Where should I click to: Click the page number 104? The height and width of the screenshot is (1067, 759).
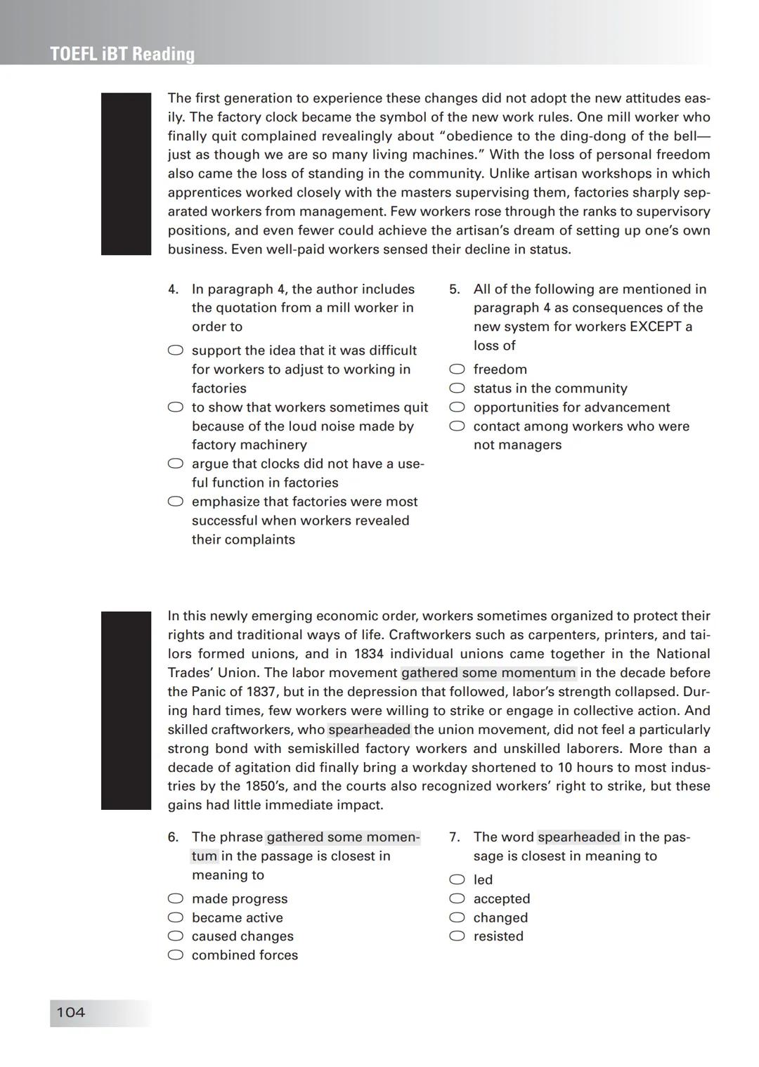click(x=70, y=1012)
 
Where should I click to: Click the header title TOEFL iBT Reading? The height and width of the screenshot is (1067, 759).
click(x=122, y=54)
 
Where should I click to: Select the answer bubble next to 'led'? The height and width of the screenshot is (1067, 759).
click(x=458, y=879)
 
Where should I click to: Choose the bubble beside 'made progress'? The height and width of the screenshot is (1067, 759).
click(x=176, y=898)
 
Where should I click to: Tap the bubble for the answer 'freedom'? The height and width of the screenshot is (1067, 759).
click(x=458, y=369)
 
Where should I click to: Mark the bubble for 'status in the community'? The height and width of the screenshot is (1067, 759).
click(x=458, y=388)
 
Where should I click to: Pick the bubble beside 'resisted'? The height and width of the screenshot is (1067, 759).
click(x=458, y=936)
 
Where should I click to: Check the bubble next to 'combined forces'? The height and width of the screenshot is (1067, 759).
click(x=176, y=955)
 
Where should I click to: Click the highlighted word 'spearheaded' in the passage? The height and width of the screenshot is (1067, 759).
click(x=369, y=730)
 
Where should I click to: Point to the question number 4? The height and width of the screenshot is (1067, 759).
click(x=173, y=289)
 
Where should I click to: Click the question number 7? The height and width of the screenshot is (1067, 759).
click(x=454, y=837)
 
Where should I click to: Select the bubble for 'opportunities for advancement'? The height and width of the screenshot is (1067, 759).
click(x=458, y=407)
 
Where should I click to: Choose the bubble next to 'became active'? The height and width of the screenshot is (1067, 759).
click(x=176, y=917)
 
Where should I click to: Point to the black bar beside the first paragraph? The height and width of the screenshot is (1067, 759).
click(x=126, y=174)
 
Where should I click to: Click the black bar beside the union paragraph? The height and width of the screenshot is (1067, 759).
click(x=126, y=710)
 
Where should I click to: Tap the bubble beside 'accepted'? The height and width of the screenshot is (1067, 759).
click(x=458, y=898)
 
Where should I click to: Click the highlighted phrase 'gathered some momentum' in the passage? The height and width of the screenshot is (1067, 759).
click(x=488, y=673)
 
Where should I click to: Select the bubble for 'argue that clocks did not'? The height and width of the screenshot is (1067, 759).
click(x=176, y=464)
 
